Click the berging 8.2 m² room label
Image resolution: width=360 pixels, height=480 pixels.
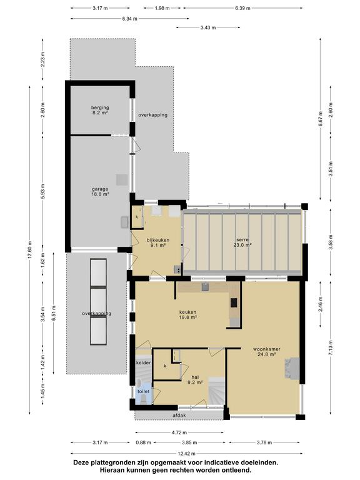100,110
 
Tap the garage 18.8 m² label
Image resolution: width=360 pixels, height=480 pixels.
100,191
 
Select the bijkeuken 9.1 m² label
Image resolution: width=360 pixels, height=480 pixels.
158,242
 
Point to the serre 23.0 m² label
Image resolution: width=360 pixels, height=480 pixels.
242,242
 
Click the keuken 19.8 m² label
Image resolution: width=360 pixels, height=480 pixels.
188,315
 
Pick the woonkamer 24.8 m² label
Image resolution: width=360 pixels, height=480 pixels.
267,351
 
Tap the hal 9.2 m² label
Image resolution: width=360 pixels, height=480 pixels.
195,379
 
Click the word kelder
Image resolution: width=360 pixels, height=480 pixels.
143,362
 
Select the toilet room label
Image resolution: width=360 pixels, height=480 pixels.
143,391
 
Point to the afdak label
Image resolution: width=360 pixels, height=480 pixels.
179,416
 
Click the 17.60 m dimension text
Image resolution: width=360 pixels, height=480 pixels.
30,250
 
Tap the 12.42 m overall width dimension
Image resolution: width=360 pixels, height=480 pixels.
186,453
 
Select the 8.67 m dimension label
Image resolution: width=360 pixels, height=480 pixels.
321,119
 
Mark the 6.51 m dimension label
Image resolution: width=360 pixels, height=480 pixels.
54,312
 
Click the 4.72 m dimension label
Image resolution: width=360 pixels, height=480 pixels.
179,432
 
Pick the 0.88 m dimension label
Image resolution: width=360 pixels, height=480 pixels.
143,442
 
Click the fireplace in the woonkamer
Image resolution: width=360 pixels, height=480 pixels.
292,368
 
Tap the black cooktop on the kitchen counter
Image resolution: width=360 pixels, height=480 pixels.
234,302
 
